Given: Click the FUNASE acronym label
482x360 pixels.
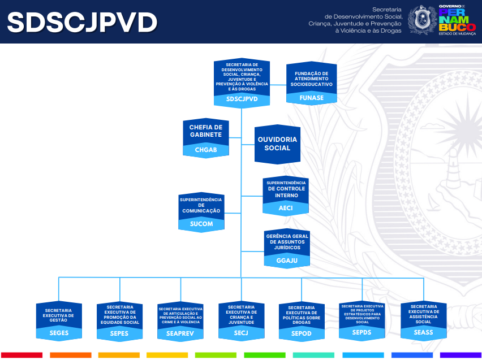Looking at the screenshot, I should pyautogui.click(x=311, y=98).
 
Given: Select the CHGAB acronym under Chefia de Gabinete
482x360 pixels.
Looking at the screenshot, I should pyautogui.click(x=206, y=150).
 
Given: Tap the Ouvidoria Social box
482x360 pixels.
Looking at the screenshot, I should pyautogui.click(x=277, y=144).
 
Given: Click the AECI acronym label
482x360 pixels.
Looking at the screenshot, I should pyautogui.click(x=286, y=207).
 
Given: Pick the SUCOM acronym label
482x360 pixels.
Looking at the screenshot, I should pyautogui.click(x=201, y=224).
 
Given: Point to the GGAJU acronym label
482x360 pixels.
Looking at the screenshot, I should pyautogui.click(x=288, y=260).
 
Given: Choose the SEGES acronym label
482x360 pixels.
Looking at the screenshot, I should pyautogui.click(x=59, y=333).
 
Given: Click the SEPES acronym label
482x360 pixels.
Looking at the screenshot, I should pyautogui.click(x=119, y=333).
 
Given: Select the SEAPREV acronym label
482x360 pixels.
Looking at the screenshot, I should pyautogui.click(x=180, y=333).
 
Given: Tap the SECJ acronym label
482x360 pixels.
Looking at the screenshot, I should pyautogui.click(x=241, y=333).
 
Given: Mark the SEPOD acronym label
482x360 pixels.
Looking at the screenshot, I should pyautogui.click(x=301, y=333).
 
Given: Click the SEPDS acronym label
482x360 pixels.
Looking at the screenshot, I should pyautogui.click(x=361, y=332).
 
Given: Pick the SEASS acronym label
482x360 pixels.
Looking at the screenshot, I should pyautogui.click(x=423, y=332).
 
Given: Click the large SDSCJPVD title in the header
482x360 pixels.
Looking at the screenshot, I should pyautogui.click(x=82, y=23).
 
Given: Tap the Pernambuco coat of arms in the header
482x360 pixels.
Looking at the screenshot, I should pyautogui.click(x=423, y=20).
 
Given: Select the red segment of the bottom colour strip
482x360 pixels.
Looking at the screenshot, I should pyautogui.click(x=22, y=355).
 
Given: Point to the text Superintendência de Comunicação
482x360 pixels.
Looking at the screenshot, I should pyautogui.click(x=201, y=205).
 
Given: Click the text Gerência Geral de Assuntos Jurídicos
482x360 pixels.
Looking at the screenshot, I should pyautogui.click(x=288, y=241).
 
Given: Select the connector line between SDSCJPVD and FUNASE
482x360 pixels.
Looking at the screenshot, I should pyautogui.click(x=278, y=84).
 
